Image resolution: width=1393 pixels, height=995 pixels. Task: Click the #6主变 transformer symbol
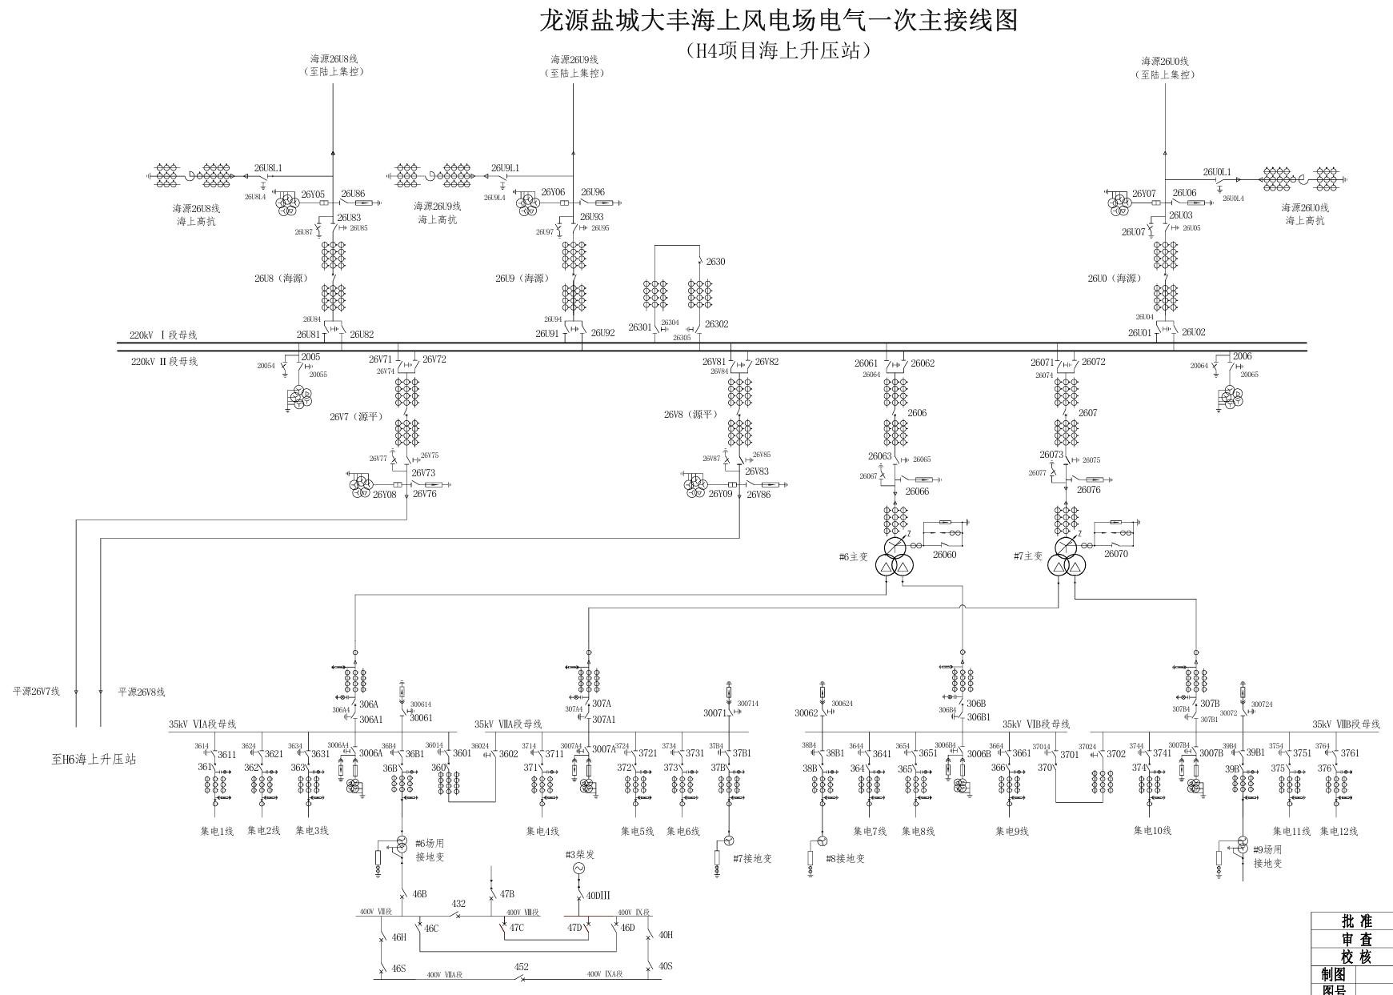click(895, 557)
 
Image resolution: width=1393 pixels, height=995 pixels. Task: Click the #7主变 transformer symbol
click(1067, 557)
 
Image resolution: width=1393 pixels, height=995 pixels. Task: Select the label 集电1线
click(216, 831)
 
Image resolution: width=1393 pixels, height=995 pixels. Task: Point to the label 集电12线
click(1339, 831)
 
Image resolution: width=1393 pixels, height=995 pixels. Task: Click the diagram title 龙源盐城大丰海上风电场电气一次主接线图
click(778, 20)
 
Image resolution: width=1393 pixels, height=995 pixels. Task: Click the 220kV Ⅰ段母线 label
click(163, 335)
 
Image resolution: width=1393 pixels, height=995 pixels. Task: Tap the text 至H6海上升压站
click(94, 759)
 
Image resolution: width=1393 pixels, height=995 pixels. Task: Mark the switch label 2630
click(715, 262)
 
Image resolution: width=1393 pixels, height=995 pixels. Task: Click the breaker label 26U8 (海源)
click(281, 279)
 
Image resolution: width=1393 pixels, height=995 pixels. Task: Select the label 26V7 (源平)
click(356, 417)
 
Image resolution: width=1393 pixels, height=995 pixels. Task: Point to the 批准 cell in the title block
click(1355, 921)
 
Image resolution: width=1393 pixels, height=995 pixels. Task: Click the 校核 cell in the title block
click(1355, 957)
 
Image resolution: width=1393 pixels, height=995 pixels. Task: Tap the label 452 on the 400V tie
click(521, 965)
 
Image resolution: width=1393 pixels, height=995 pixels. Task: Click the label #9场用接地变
click(1267, 857)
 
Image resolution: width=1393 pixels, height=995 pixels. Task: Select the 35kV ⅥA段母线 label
click(202, 724)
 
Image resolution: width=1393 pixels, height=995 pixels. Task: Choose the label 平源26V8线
click(141, 692)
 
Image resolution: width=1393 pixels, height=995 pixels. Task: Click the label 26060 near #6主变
click(944, 555)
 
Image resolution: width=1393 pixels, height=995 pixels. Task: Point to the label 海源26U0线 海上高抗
click(1305, 215)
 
